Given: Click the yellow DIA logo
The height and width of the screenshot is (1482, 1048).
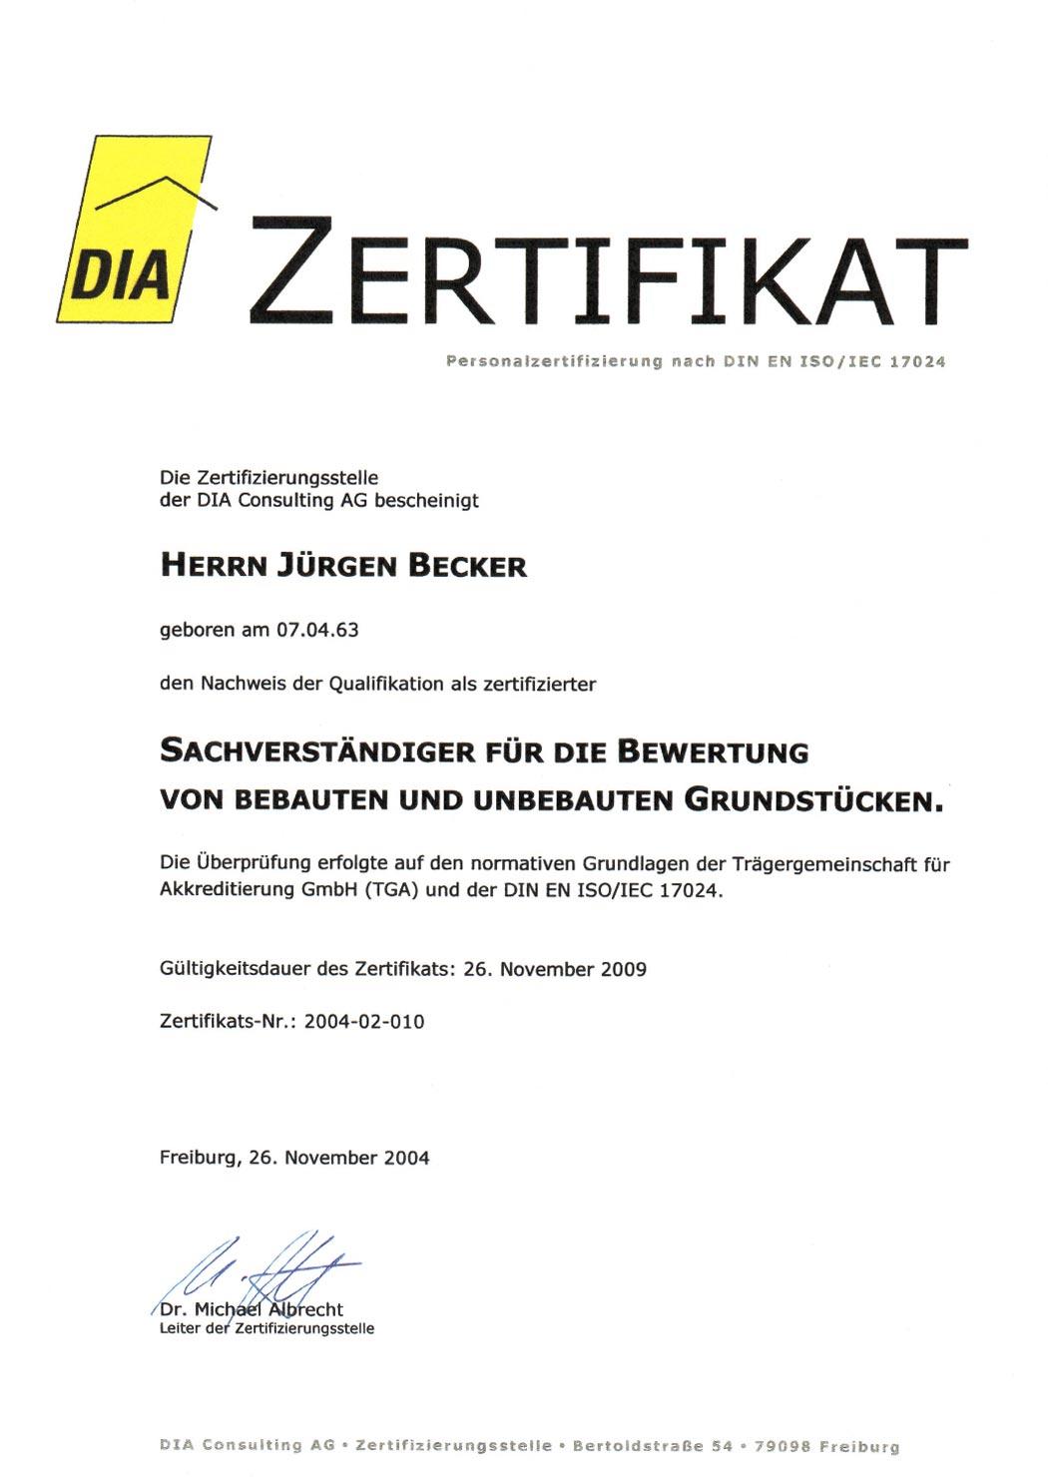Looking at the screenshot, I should (x=135, y=230).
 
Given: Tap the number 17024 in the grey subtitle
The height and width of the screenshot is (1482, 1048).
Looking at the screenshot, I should (x=916, y=361).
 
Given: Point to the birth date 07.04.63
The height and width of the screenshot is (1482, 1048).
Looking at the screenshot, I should (x=317, y=630).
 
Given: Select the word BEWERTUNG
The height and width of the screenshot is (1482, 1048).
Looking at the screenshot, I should (x=713, y=750).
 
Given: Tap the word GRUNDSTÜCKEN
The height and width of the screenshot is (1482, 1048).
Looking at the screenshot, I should (x=812, y=800).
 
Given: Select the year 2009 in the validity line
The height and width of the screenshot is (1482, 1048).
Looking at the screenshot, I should (x=623, y=969).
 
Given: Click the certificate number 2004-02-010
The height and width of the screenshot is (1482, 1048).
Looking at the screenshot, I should (x=364, y=1021).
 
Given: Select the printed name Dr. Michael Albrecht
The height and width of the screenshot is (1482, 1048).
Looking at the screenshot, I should (x=252, y=1309).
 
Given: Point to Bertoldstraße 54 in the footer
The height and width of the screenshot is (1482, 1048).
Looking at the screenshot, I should (x=653, y=1446).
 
